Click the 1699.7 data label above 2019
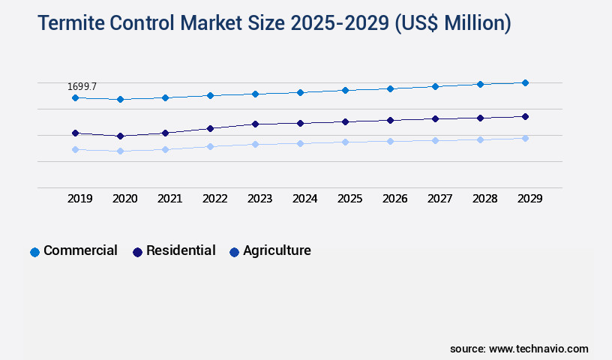pyautogui.click(x=82, y=87)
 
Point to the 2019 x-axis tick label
pyautogui.click(x=80, y=199)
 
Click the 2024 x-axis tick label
pyautogui.click(x=305, y=199)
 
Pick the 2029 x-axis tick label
pyautogui.click(x=529, y=199)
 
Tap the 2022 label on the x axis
pyautogui.click(x=215, y=199)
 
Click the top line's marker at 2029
pyautogui.click(x=525, y=82)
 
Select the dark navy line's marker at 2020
pyautogui.click(x=120, y=136)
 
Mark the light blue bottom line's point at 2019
pyautogui.click(x=75, y=149)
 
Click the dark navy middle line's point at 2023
pyautogui.click(x=255, y=124)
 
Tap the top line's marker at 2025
pyautogui.click(x=345, y=90)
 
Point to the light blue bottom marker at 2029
pyautogui.click(x=525, y=138)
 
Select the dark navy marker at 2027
pyautogui.click(x=435, y=118)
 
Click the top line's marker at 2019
pyautogui.click(x=75, y=97)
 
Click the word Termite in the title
pyautogui.click(x=69, y=24)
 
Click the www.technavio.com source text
pyautogui.click(x=538, y=349)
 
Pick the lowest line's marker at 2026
pyautogui.click(x=390, y=141)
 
